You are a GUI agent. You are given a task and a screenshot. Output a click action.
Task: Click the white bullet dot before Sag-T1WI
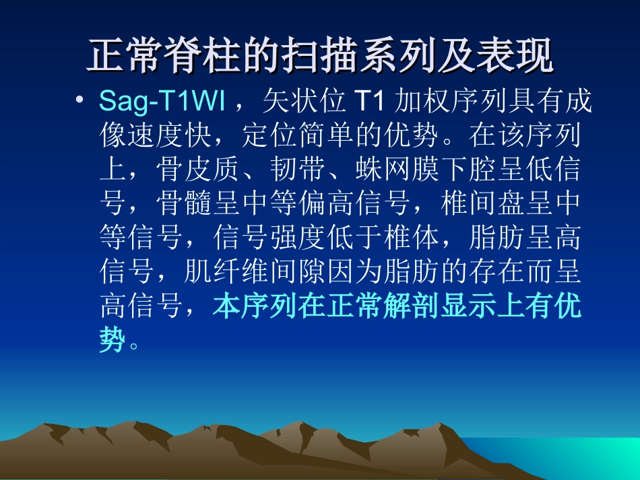click(x=80, y=100)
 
